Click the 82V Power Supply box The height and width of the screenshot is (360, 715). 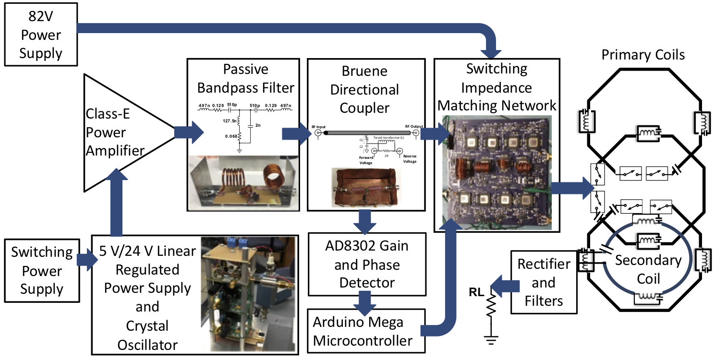click(x=40, y=35)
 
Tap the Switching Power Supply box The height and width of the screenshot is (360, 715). click(x=42, y=271)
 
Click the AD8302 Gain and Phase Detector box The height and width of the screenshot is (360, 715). click(x=367, y=264)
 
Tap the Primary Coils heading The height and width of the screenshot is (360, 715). click(x=643, y=55)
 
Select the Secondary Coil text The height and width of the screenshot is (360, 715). click(x=648, y=269)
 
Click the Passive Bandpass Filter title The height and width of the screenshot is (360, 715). click(x=245, y=78)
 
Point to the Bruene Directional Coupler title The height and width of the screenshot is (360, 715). click(x=364, y=89)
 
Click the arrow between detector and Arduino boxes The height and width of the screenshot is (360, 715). click(x=365, y=302)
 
